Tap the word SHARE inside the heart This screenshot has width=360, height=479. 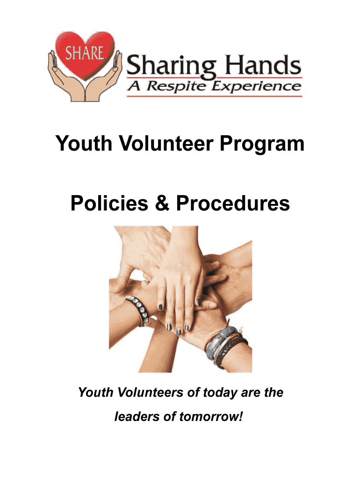[x=85, y=53]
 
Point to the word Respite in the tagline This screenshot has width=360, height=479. [x=176, y=87]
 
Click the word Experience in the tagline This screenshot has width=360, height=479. [x=257, y=86]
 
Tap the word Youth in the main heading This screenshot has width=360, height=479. [x=84, y=143]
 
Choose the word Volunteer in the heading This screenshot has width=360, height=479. [x=166, y=143]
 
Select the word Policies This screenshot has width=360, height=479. [x=109, y=203]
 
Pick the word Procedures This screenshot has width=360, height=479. [x=233, y=203]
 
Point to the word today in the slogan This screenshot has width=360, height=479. [x=219, y=392]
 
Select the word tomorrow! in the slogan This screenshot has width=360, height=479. [x=211, y=416]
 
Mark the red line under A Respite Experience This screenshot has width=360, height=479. [x=214, y=96]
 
